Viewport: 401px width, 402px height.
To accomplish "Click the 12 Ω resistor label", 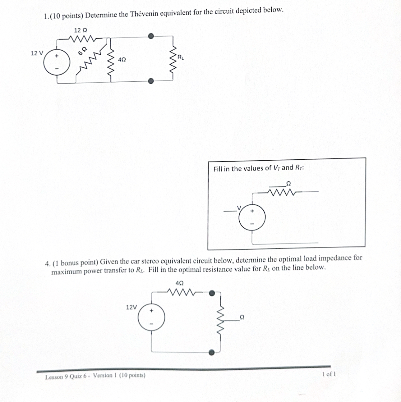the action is click(81, 30).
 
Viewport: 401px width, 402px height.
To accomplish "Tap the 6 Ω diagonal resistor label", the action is click(82, 51).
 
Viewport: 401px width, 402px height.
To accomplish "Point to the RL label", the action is click(181, 57).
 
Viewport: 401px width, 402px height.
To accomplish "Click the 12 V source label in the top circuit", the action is click(37, 53).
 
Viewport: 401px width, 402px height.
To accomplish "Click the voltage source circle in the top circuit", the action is click(57, 62).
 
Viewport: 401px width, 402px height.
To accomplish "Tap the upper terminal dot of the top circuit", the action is click(151, 36).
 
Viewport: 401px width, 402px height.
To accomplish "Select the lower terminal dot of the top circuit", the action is click(151, 81).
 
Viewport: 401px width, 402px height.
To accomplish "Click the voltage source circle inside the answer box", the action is click(252, 217).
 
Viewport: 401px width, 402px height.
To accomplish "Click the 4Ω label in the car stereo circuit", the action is click(179, 283).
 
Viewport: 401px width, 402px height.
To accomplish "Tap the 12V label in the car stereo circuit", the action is click(131, 307).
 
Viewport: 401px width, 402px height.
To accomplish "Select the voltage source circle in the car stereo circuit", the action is click(151, 317).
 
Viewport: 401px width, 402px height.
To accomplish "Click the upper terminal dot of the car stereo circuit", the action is click(212, 293).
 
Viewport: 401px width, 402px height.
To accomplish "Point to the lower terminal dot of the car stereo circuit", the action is click(211, 352).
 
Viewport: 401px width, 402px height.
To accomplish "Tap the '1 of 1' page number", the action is click(329, 374).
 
